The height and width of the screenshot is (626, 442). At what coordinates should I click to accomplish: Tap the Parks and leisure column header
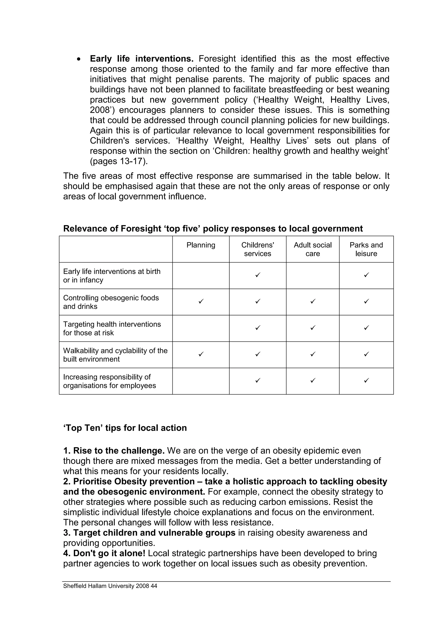pos(366,249)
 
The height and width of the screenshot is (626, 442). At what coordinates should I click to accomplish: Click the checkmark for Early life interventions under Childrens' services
pos(258,275)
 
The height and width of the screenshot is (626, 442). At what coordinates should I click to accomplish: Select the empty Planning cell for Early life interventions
pos(201,275)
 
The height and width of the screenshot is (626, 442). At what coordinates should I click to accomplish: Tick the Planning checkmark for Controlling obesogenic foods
pos(201,301)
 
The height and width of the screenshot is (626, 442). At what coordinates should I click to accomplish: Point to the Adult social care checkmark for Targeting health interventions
pos(313,327)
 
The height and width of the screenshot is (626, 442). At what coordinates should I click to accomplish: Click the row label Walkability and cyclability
pos(115,355)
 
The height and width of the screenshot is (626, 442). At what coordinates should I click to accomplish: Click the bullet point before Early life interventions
pos(79,59)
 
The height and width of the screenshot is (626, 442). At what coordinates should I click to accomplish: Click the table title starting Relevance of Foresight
pos(213,229)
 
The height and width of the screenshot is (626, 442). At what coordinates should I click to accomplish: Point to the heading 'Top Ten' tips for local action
pos(125,428)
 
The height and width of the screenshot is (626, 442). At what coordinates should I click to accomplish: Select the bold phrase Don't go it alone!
pos(109,553)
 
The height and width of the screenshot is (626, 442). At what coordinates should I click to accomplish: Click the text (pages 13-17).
pos(119,161)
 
